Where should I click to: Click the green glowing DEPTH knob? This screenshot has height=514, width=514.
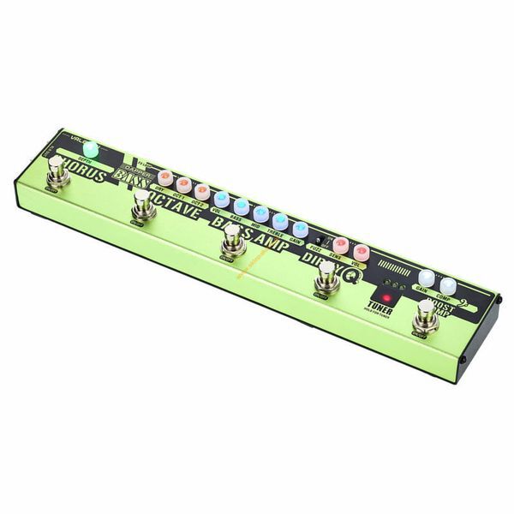click(x=91, y=151)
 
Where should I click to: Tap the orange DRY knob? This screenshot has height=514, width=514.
click(x=165, y=177)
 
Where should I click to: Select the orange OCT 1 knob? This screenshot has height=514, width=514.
click(x=183, y=183)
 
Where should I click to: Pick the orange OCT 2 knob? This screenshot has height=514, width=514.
click(x=201, y=189)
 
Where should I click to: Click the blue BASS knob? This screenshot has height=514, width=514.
click(x=241, y=206)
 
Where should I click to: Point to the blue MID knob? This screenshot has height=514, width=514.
click(x=260, y=212)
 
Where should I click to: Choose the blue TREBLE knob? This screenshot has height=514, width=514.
click(x=280, y=220)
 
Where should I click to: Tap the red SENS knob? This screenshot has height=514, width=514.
click(x=341, y=244)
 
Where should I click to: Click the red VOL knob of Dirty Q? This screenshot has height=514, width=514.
click(x=362, y=252)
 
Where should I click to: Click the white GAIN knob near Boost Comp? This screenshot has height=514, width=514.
click(x=427, y=277)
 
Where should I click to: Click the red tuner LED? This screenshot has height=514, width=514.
click(x=386, y=298)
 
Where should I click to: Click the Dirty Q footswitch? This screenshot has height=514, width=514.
click(x=326, y=276)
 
